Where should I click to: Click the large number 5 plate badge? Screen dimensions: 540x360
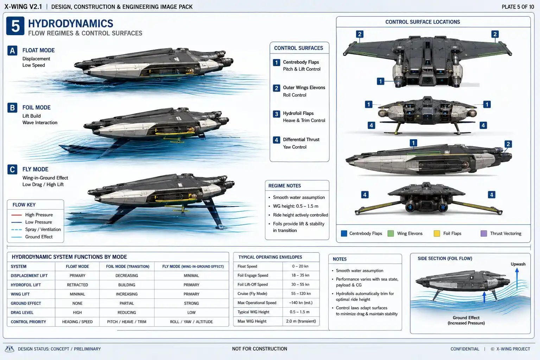click(15, 26)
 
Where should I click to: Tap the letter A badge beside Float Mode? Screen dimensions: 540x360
click(12, 51)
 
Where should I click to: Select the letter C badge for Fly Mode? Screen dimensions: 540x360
click(12, 169)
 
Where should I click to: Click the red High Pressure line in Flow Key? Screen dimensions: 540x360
click(17, 215)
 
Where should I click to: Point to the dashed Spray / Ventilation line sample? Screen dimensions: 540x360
click(17, 230)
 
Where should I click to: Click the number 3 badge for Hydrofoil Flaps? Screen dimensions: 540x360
click(276, 114)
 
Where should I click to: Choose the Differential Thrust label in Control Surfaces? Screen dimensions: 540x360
click(301, 140)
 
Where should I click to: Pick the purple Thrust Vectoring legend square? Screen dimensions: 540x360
click(484, 233)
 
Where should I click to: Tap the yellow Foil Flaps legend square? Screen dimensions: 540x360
click(437, 233)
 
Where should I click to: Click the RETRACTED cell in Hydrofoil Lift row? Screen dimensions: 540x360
click(77, 285)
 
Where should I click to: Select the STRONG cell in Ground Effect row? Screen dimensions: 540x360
click(191, 303)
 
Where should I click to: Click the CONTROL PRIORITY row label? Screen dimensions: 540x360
click(28, 322)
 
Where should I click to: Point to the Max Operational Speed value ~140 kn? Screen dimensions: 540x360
click(301, 303)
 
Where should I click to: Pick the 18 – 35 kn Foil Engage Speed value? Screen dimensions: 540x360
click(300, 275)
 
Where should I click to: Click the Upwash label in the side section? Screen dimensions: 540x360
click(518, 264)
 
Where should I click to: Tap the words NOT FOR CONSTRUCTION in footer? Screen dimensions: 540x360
click(260, 349)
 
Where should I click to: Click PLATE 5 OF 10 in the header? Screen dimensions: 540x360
click(518, 7)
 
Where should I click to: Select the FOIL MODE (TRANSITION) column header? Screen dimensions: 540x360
click(128, 266)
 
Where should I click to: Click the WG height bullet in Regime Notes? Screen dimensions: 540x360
click(296, 206)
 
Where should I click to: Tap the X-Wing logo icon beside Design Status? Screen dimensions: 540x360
click(9, 349)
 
